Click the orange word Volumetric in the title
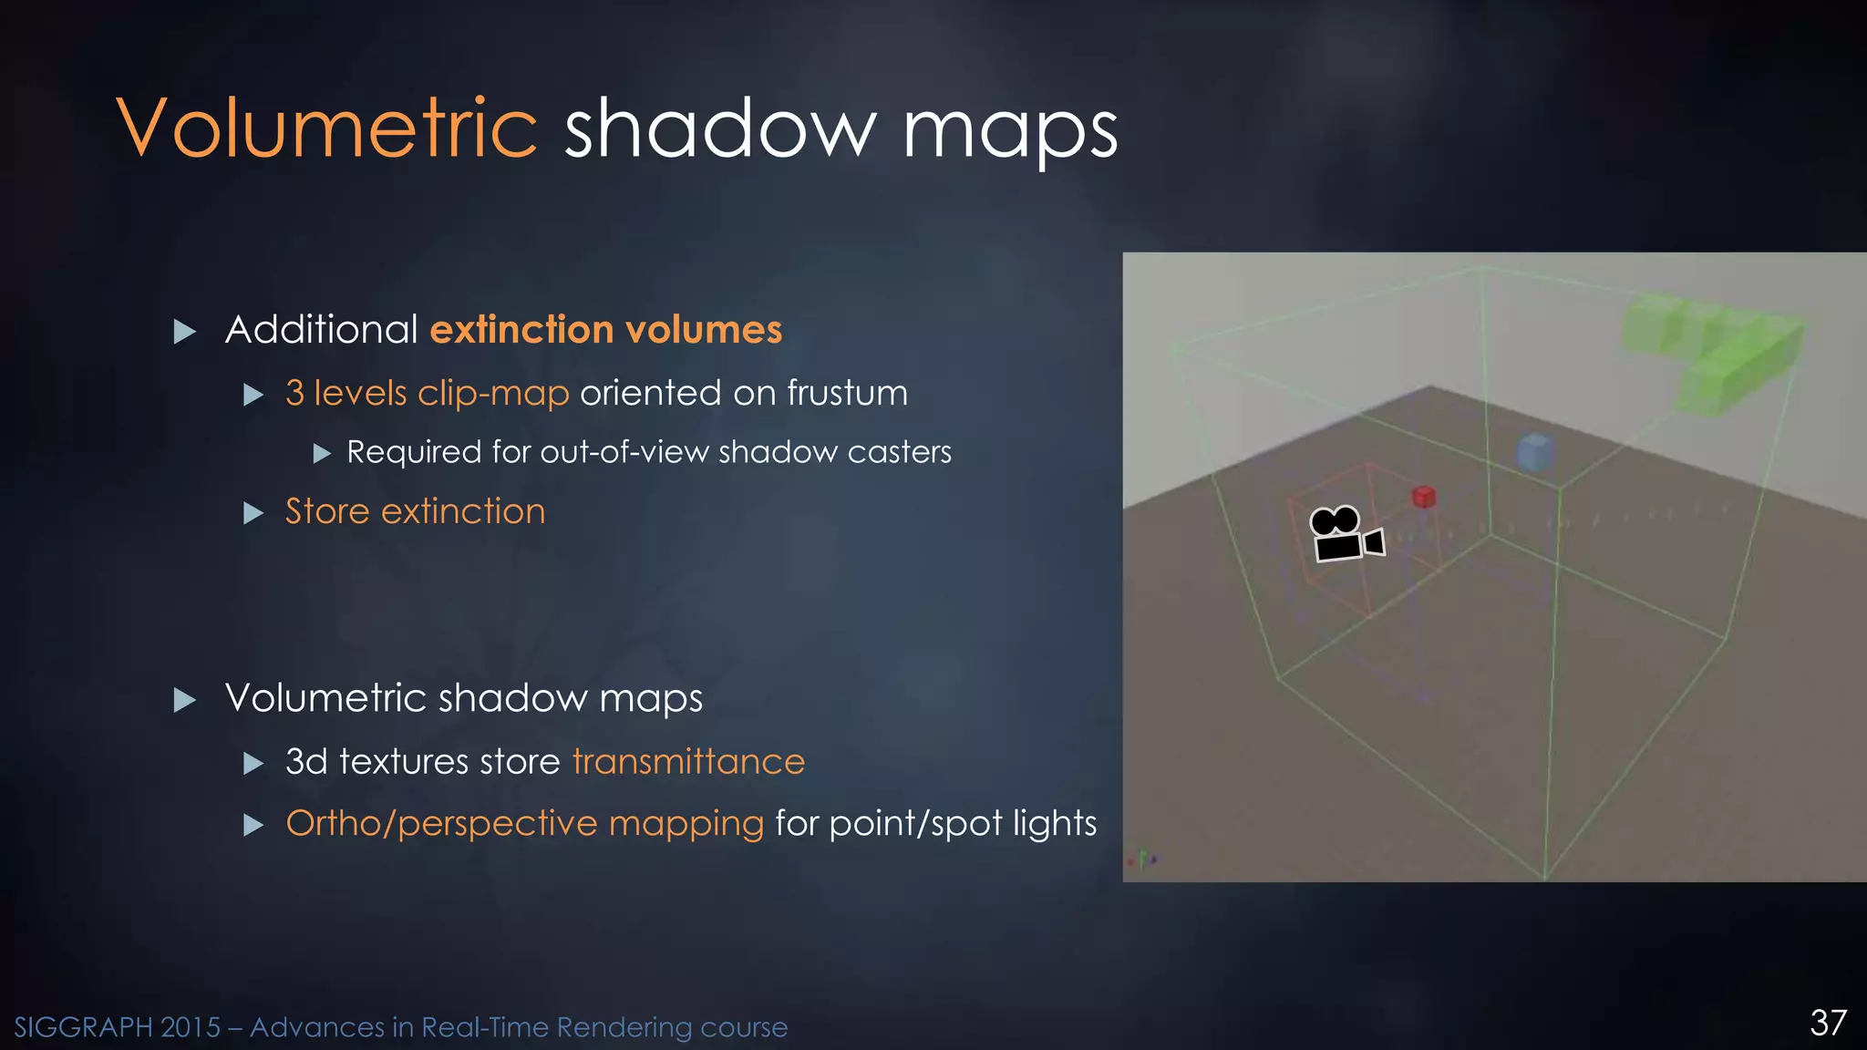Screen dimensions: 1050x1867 pos(327,129)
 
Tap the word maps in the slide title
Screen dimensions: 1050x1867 pos(1010,133)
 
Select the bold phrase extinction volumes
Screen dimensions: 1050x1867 pos(606,329)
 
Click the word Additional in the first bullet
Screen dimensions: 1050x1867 pos(321,329)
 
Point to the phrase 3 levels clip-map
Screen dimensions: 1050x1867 pos(427,393)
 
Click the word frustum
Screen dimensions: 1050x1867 pos(847,393)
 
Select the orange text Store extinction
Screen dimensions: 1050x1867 pos(415,511)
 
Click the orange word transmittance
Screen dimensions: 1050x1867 pos(688,761)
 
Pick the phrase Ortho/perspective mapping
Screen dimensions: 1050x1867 pos(524,823)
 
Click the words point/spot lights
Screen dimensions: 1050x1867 pos(963,823)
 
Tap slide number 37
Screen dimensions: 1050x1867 pos(1828,1023)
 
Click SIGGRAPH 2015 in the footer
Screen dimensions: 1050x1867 pos(117,1027)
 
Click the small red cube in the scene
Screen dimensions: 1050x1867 pos(1424,497)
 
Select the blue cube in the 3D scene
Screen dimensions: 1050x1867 pos(1535,452)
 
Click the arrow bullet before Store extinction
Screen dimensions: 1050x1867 pos(253,513)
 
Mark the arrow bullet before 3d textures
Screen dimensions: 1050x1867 pos(253,763)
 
